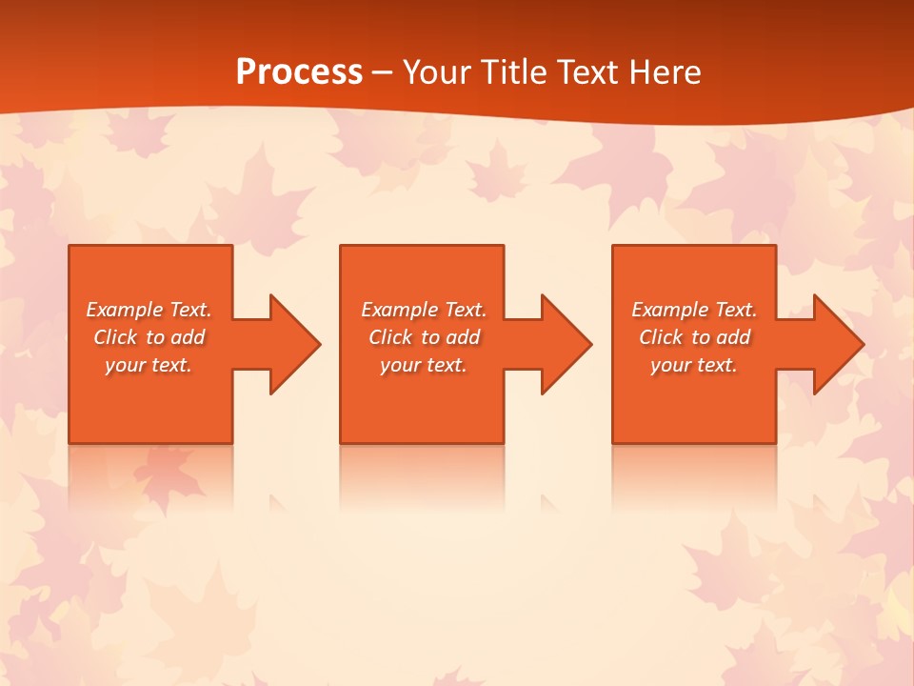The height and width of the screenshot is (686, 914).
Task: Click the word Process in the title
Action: click(299, 72)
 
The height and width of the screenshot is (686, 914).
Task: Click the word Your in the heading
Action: click(438, 72)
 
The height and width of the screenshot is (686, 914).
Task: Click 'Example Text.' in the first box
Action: click(149, 310)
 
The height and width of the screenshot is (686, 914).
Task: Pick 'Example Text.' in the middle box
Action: click(424, 310)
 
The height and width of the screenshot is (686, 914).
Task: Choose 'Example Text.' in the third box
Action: click(694, 310)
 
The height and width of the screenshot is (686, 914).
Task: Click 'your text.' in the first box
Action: click(149, 365)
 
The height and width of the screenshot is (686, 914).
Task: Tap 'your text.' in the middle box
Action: click(424, 365)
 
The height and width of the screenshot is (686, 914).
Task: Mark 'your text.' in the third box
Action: click(694, 365)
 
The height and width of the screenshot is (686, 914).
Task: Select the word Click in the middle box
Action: click(390, 337)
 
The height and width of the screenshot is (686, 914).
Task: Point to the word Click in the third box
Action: click(661, 337)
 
